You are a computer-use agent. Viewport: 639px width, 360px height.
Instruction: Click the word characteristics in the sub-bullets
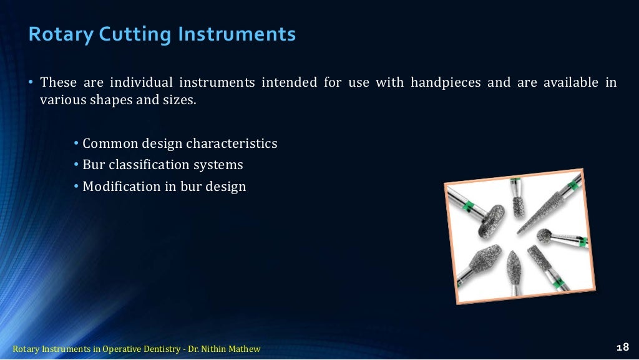[232, 144]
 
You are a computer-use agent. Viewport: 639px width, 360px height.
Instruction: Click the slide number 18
[622, 348]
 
